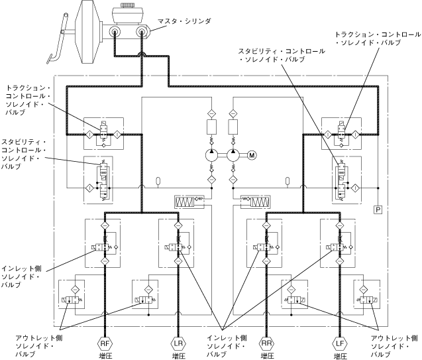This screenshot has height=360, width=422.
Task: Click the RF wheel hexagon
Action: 105,343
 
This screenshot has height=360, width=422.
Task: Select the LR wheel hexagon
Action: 178,343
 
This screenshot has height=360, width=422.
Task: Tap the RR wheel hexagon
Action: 267,343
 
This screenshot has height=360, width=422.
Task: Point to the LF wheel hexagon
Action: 340,343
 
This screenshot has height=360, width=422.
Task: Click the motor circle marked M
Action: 252,155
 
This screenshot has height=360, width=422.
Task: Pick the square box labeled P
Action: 378,210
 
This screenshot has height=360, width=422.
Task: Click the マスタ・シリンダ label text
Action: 184,21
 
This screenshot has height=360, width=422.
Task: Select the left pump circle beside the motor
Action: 211,155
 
